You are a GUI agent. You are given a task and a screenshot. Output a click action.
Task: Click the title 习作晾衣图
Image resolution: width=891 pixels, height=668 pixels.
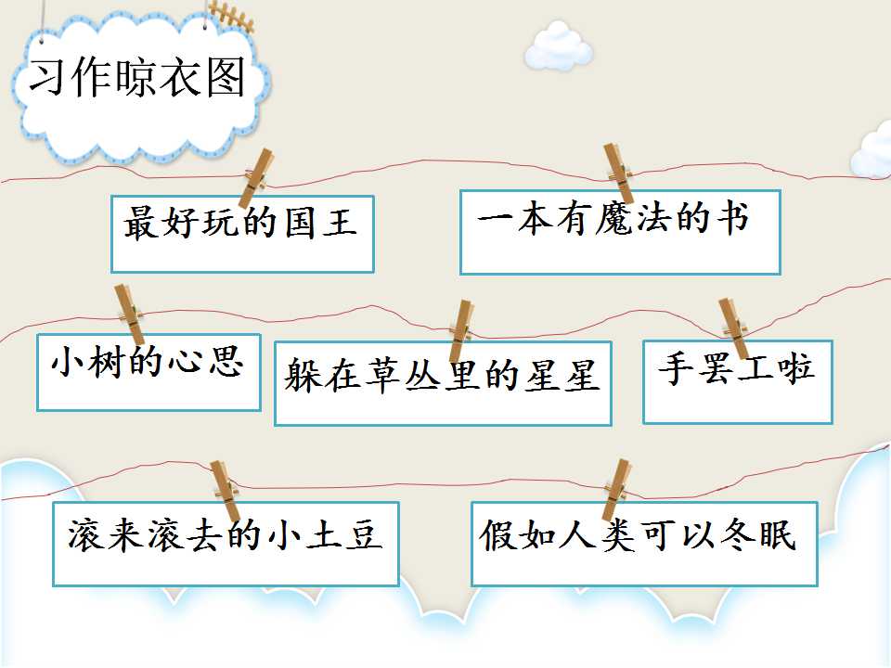[x=137, y=77]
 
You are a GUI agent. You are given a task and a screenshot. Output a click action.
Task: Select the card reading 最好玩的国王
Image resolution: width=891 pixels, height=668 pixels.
[x=242, y=234]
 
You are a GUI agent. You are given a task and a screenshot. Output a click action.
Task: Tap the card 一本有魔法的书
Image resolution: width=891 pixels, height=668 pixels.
[x=620, y=232]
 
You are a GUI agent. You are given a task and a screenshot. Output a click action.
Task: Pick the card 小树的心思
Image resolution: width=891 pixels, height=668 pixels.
[x=148, y=372]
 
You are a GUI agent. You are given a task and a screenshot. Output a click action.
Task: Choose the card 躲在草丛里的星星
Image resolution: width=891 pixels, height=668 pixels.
[x=443, y=383]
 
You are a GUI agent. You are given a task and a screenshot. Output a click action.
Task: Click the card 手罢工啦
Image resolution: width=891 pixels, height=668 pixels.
[x=738, y=381]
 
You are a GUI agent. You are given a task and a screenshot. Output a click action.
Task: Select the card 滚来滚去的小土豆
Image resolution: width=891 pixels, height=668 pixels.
[x=226, y=544]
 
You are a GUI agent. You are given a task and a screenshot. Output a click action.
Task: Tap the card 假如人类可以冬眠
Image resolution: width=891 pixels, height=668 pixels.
[x=644, y=544]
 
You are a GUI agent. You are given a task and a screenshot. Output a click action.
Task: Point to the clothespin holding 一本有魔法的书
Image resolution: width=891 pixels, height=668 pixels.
[x=618, y=173]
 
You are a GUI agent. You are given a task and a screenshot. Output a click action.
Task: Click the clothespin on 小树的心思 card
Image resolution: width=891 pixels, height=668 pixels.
[x=130, y=315]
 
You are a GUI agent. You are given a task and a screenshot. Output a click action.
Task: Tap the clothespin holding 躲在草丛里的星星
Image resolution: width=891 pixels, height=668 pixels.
[x=461, y=330]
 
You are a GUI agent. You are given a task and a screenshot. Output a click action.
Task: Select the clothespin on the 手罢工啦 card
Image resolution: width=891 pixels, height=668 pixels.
[x=734, y=328]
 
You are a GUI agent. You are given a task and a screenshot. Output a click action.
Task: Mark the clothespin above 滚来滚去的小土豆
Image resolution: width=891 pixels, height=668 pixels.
[x=225, y=490]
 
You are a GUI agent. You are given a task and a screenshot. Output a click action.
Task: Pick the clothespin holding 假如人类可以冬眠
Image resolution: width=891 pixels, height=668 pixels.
[x=616, y=490]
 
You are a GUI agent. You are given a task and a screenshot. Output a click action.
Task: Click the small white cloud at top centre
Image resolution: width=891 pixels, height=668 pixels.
[x=559, y=46]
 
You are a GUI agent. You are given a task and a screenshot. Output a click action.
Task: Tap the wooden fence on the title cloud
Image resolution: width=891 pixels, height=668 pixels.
[x=231, y=16]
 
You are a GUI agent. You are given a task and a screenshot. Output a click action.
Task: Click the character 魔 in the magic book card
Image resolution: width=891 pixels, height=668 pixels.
[x=613, y=219]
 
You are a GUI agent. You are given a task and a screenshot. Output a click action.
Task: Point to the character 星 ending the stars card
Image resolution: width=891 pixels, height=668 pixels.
[x=582, y=375]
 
